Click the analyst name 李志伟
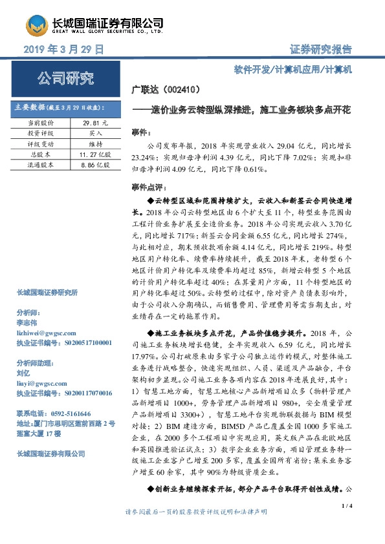coord(27,320)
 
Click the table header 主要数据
coord(29,107)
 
